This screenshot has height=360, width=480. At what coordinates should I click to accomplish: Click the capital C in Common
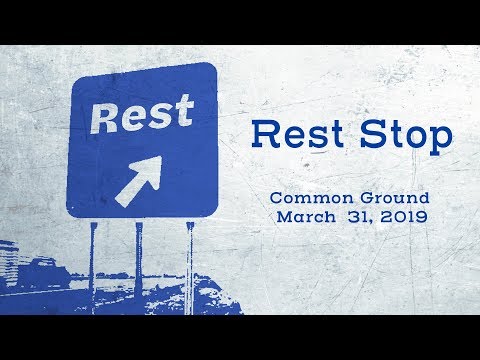(x=277, y=198)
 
